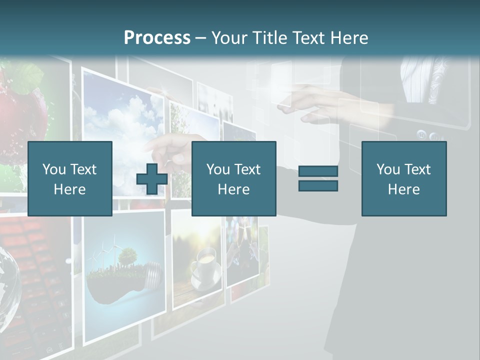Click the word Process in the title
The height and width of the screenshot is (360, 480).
tap(157, 37)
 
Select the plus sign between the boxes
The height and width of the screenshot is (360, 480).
tap(152, 179)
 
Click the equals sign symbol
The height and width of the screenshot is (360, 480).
tap(318, 178)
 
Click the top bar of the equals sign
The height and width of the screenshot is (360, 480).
tap(318, 171)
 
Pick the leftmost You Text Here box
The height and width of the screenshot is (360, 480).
tap(69, 178)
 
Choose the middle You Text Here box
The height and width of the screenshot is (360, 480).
tap(233, 178)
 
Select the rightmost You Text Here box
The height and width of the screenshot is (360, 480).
tap(403, 178)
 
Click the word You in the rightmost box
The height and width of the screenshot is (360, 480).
tap(388, 169)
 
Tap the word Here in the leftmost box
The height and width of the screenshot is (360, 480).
tap(69, 189)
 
